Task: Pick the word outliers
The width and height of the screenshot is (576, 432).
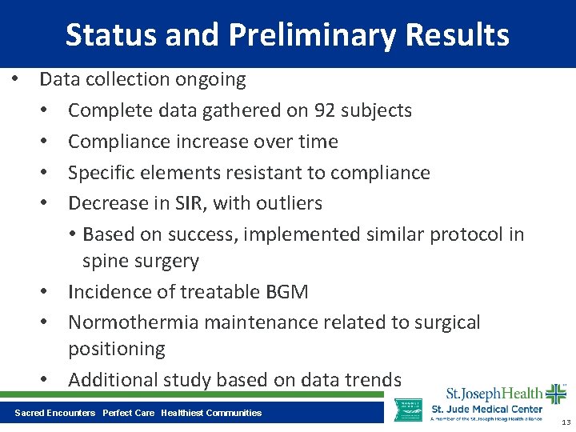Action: [x=290, y=203]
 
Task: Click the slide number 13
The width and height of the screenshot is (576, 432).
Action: [x=566, y=422]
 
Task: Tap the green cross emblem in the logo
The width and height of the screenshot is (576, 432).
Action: [x=555, y=394]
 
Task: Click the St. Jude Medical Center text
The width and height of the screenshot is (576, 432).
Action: [x=486, y=410]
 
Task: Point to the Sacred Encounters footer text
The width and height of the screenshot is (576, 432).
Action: [x=54, y=413]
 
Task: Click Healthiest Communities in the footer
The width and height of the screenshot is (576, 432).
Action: [x=211, y=413]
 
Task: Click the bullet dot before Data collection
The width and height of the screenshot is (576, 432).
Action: [x=14, y=80]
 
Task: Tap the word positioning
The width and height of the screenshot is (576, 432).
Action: [x=116, y=350]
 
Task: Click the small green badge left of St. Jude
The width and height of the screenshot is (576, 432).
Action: [x=409, y=409]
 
